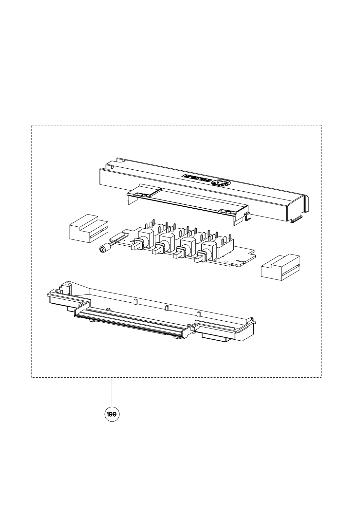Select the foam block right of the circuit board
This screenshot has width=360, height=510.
click(x=280, y=268)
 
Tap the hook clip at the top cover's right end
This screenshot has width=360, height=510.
click(x=297, y=219)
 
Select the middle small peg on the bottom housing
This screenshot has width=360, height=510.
click(x=167, y=308)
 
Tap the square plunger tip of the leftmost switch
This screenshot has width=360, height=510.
click(x=134, y=248)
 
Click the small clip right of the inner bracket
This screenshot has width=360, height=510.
click(x=247, y=217)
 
